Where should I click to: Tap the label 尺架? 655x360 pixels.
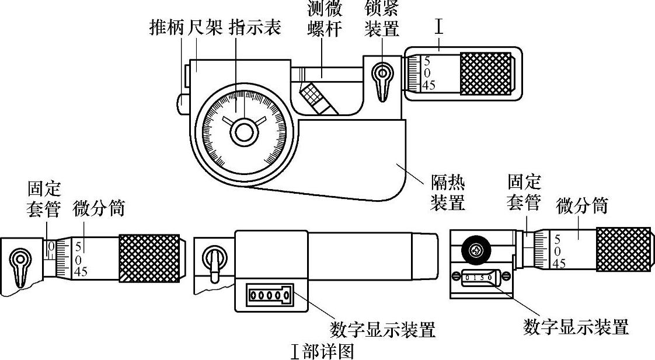[205, 27]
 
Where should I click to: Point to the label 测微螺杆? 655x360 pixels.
[325, 19]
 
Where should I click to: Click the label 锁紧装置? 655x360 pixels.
[382, 19]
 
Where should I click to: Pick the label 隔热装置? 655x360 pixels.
[448, 194]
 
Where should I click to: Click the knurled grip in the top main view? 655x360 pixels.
[486, 73]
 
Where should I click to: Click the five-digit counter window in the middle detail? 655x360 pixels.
[266, 296]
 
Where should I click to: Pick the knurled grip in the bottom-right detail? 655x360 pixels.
[623, 249]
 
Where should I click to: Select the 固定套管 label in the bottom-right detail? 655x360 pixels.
[524, 192]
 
